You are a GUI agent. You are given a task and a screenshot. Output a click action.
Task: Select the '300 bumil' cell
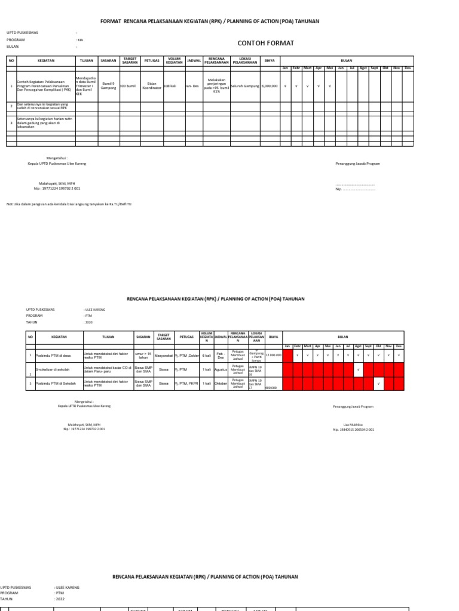coord(128,87)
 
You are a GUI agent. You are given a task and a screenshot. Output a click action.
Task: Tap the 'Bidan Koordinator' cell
coord(151,87)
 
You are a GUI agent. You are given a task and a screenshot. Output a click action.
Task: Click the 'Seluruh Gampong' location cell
coord(244,87)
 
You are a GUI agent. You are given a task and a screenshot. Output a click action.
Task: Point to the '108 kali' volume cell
coord(171,87)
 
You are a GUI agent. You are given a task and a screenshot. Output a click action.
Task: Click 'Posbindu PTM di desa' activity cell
coord(52,354)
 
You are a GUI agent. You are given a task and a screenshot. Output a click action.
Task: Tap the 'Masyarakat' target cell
coord(163,354)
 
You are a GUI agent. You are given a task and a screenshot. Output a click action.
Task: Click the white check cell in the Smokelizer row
coord(357,371)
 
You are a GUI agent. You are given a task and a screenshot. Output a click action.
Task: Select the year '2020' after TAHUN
coord(88,322)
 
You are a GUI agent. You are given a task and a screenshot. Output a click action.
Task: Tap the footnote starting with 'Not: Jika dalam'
coord(69,204)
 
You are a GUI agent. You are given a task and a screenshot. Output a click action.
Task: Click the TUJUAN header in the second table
coord(108,337)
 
